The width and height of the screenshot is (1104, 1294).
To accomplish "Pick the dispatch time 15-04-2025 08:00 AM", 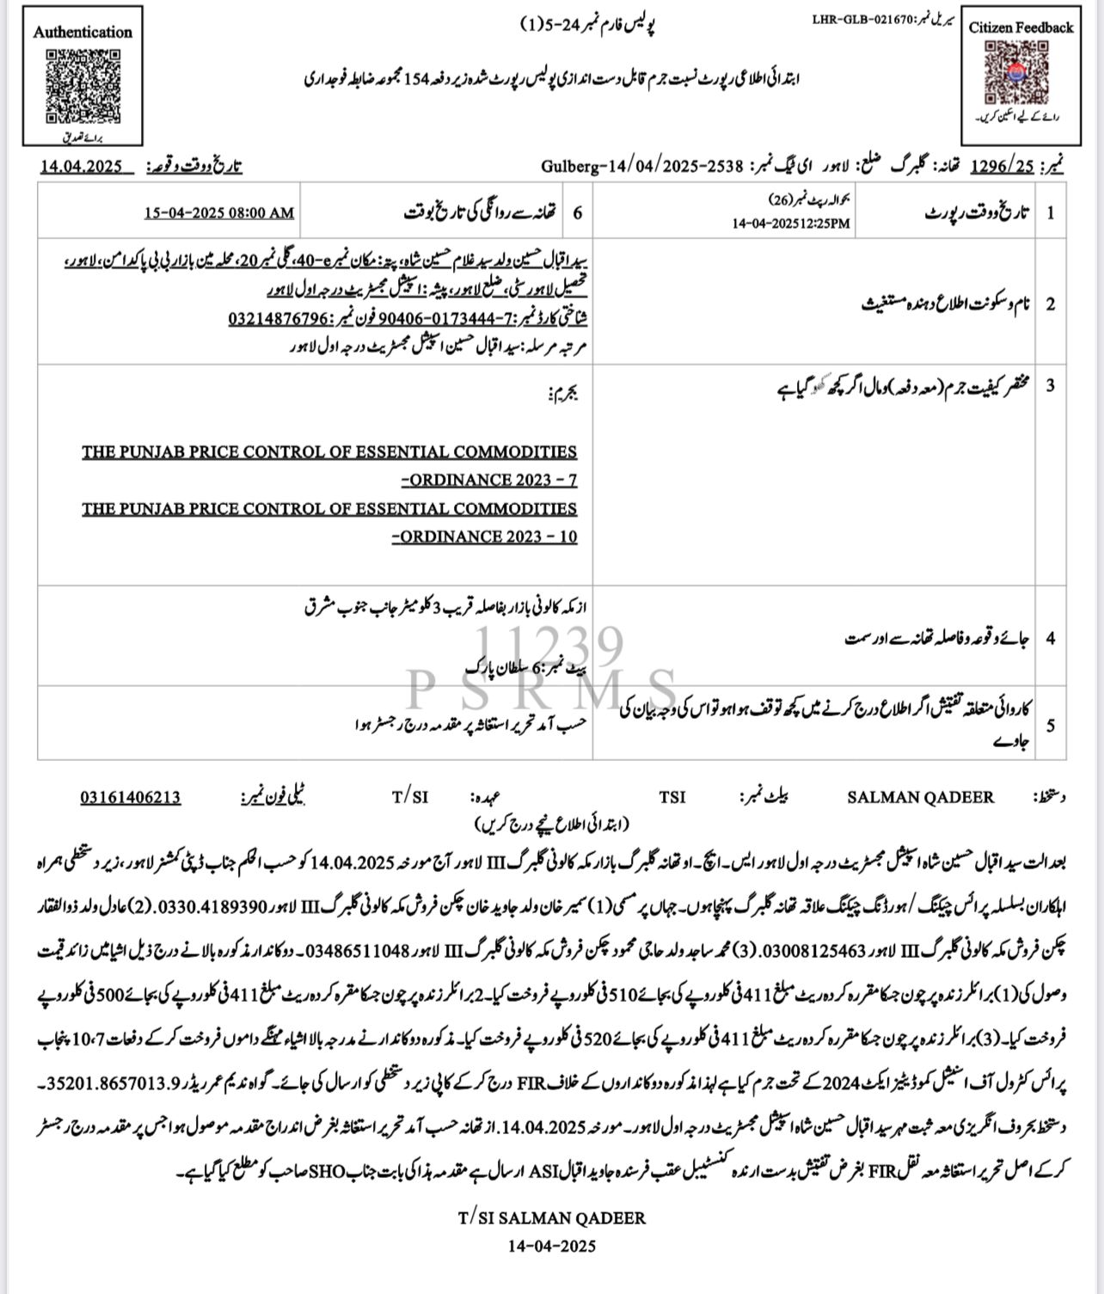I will click(218, 212).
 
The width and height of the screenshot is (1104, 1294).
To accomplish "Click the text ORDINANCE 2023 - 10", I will click(485, 537).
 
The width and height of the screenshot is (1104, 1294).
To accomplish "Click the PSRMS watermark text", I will click(543, 690).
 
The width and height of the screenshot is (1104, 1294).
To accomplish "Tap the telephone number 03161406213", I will click(131, 797).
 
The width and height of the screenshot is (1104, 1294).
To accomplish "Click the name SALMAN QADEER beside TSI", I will click(921, 797).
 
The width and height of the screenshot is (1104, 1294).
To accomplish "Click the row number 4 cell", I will click(1050, 638).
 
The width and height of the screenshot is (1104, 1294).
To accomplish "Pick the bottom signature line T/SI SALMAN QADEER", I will click(551, 1217).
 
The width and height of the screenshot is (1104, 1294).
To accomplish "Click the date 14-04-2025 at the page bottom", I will click(551, 1245).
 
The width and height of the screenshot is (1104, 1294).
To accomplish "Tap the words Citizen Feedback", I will click(1021, 28).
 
